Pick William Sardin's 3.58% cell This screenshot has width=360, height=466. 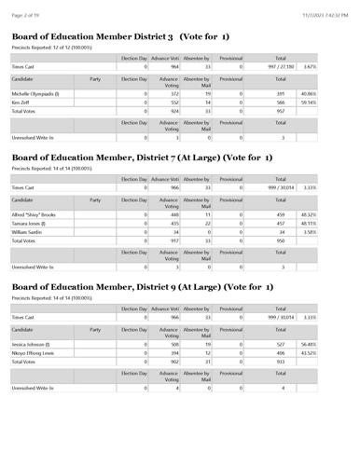coord(335,232)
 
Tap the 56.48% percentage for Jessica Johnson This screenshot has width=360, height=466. coord(333,344)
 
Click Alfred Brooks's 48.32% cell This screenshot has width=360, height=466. coord(333,214)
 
